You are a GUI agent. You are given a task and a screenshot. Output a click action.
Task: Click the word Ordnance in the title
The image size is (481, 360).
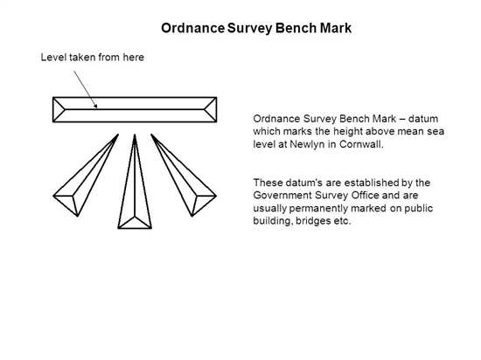(193, 28)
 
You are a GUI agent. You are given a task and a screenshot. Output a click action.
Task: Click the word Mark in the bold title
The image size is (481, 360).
(336, 28)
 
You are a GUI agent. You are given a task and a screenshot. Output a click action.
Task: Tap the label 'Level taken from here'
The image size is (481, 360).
(93, 58)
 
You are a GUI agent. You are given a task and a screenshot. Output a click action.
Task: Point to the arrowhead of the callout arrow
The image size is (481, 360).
(95, 106)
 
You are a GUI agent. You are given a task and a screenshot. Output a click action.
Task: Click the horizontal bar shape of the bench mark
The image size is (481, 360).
(135, 110)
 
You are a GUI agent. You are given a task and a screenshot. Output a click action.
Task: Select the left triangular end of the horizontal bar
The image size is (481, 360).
(59, 110)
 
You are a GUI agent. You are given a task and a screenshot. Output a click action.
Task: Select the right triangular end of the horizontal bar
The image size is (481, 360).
(211, 110)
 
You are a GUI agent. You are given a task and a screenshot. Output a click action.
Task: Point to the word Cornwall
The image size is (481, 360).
(361, 144)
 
